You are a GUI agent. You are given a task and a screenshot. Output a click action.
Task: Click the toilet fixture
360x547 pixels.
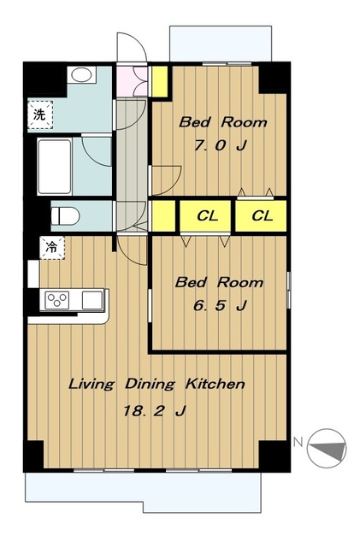[65, 216]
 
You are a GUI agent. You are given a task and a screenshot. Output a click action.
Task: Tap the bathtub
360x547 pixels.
[55, 167]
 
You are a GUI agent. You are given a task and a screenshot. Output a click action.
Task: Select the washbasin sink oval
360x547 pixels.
[81, 74]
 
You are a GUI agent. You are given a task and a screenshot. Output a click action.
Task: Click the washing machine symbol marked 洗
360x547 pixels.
[40, 115]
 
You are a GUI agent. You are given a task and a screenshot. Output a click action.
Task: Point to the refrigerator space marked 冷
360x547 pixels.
[52, 248]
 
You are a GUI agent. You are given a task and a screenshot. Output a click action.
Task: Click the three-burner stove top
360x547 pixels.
[57, 300]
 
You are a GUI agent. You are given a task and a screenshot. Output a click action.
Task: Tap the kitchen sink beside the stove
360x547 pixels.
[92, 300]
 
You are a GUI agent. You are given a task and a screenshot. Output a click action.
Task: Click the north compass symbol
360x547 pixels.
[327, 448]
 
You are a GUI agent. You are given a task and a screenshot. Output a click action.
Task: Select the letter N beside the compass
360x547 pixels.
[298, 442]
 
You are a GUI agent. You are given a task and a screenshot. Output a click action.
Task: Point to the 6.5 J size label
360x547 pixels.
[220, 305]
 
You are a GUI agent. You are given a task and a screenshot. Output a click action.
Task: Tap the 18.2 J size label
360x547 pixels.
[154, 411]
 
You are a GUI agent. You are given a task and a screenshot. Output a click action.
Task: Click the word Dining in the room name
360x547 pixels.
[150, 384]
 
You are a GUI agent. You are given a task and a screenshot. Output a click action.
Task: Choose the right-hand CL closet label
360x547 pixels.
[263, 216]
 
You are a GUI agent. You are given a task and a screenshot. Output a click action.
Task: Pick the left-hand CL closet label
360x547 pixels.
[208, 216]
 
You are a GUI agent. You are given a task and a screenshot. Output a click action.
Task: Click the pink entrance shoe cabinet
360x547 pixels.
[132, 81]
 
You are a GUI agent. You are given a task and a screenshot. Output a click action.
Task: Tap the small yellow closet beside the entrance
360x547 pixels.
[160, 81]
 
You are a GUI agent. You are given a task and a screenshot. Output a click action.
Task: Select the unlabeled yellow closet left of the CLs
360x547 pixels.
[164, 216]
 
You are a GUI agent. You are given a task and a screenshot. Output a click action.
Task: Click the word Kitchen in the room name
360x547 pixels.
[215, 384]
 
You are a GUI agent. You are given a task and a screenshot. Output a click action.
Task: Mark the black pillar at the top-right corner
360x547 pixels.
[274, 78]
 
